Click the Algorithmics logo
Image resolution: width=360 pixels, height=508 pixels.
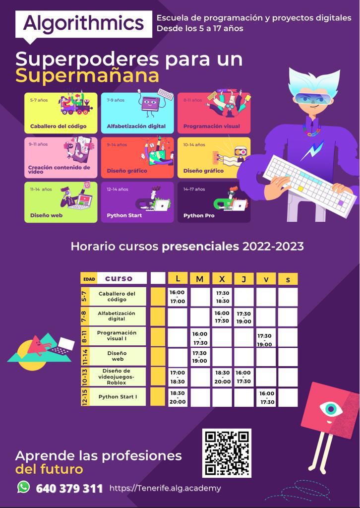tap(83, 23)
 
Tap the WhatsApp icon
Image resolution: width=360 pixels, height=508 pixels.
tap(23, 487)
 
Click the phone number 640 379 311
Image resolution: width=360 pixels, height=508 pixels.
tap(69, 489)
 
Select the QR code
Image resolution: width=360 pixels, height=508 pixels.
tap(227, 453)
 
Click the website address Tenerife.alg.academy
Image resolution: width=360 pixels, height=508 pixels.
tap(165, 488)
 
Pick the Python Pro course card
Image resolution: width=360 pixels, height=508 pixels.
tap(214, 202)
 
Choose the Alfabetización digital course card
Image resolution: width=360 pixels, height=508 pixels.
tap(137, 113)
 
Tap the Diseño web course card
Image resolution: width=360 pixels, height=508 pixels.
tap(61, 202)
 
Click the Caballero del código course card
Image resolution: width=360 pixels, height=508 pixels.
tap(61, 113)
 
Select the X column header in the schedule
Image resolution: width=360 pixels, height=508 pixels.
tap(222, 279)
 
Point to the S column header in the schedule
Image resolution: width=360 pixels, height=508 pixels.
tap(288, 279)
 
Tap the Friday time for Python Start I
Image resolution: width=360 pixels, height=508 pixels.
tap(266, 398)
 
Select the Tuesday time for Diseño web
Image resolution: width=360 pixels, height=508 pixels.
tap(199, 357)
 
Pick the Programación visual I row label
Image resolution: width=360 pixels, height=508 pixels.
tap(117, 336)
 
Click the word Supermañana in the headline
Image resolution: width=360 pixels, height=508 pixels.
tap(87, 76)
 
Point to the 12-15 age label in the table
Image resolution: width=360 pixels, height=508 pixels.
tap(85, 397)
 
